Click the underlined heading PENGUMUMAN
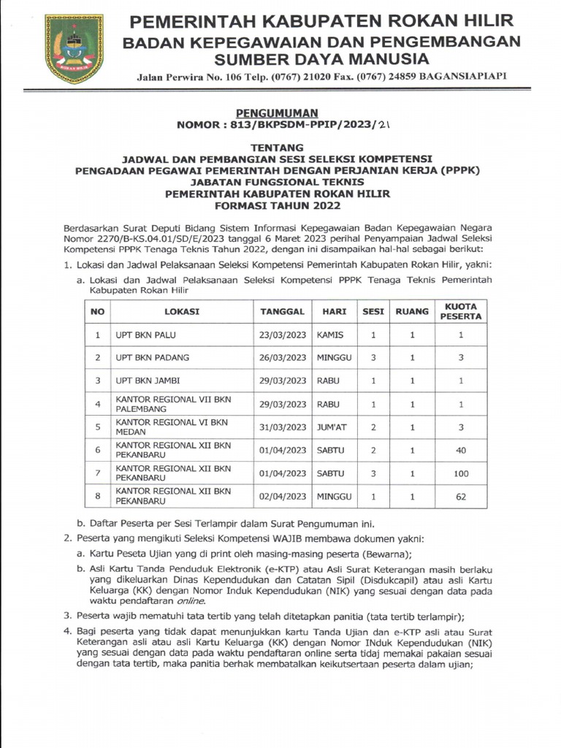(277, 112)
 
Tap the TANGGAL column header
(282, 311)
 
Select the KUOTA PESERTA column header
(461, 311)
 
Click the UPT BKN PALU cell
(146, 335)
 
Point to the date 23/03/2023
(283, 335)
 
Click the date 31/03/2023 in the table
(283, 427)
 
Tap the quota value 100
(461, 473)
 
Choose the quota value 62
(461, 497)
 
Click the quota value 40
(461, 451)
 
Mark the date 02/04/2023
(283, 497)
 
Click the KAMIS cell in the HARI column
(330, 335)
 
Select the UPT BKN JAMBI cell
(148, 381)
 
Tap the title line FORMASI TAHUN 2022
(277, 205)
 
